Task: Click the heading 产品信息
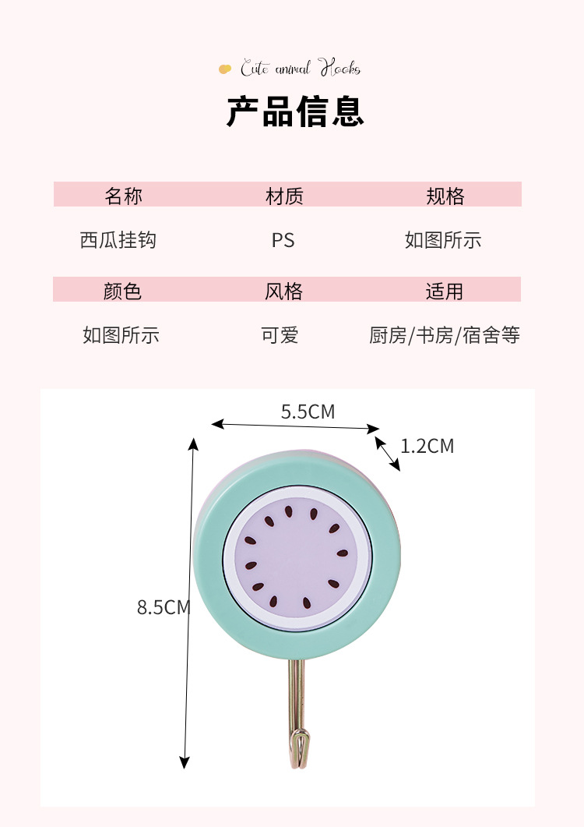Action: [x=295, y=111]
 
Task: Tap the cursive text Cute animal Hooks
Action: [x=300, y=69]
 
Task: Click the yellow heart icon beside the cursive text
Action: [x=225, y=69]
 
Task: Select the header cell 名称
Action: [x=123, y=196]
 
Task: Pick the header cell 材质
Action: [x=283, y=196]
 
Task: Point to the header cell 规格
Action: [x=445, y=196]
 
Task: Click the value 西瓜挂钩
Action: [x=118, y=240]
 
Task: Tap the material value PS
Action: [x=283, y=240]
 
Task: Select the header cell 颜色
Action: [x=122, y=291]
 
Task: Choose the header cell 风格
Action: [x=283, y=291]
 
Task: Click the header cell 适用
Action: [x=444, y=291]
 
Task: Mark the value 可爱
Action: [x=280, y=336]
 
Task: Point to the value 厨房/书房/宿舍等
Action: [x=444, y=336]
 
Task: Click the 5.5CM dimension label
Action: [x=308, y=412]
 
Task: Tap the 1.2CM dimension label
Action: [x=427, y=446]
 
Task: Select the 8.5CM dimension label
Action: [x=163, y=607]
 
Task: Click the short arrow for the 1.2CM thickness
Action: [x=388, y=454]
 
